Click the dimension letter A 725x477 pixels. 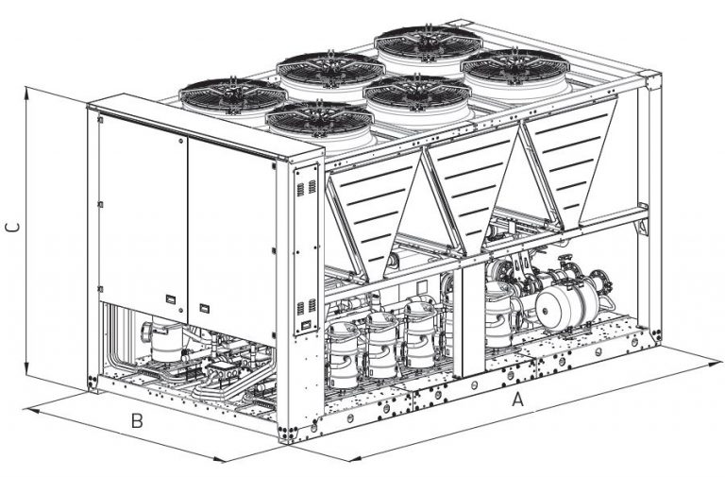pos(516,400)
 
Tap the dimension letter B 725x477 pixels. pos(138,421)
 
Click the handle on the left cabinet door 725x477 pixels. pos(170,298)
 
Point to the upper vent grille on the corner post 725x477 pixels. pos(303,188)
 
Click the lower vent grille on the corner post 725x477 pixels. pos(303,307)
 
